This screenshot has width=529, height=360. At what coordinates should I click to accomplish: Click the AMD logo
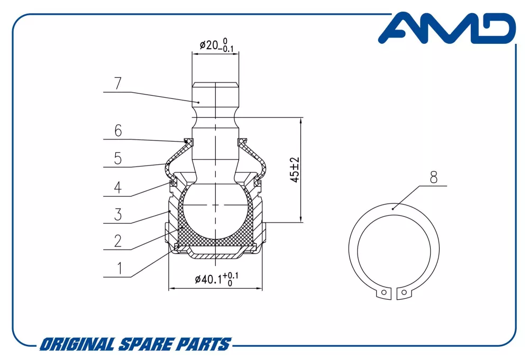tap(447, 28)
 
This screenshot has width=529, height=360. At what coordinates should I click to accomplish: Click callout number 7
tap(118, 83)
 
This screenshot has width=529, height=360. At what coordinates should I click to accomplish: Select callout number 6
tap(118, 131)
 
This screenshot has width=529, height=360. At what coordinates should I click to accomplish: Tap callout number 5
tap(118, 159)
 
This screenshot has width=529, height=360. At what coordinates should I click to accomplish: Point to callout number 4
tap(117, 188)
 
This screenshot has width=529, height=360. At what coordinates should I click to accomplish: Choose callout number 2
tap(118, 241)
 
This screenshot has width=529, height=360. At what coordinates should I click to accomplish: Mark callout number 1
tap(119, 269)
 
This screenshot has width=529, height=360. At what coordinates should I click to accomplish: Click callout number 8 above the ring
tap(434, 177)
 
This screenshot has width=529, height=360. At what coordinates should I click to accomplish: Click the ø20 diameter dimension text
tap(216, 45)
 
